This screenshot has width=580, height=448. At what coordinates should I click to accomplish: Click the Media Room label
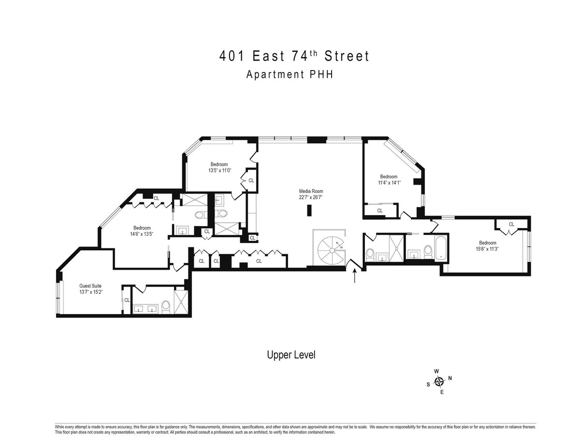310,191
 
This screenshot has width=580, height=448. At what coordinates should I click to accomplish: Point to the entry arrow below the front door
355,276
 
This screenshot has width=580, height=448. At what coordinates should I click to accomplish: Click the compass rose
439,382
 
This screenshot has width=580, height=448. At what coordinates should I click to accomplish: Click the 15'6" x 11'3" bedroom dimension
487,249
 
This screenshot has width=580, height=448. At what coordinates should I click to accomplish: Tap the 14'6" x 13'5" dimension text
142,234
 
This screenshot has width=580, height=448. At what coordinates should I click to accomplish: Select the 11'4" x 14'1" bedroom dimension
389,183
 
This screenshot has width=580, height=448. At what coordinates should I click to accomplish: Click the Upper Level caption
291,355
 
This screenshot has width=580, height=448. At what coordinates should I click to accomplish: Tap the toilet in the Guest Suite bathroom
165,305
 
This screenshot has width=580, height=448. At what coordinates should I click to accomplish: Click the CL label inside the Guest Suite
127,300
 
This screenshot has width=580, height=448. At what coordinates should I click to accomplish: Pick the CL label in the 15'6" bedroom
511,224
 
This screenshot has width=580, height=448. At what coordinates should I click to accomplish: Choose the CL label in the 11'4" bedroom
380,210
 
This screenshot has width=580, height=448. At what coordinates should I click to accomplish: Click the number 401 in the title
231,57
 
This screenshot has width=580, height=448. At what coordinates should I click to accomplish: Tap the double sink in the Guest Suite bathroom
145,308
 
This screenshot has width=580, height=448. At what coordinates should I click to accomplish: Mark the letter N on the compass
450,378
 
